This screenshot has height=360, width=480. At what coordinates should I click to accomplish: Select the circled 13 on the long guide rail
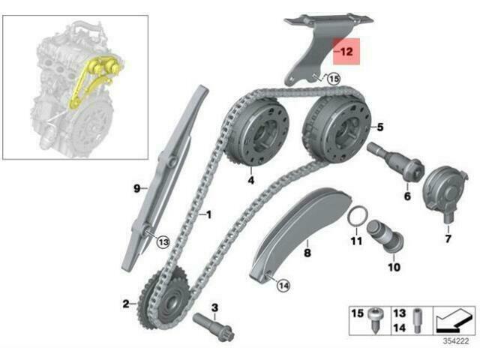click(163, 241)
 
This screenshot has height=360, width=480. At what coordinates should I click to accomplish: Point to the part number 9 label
click(137, 189)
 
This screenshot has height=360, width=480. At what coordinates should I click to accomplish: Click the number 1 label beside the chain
click(208, 215)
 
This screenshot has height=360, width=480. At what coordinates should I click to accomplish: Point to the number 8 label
click(307, 254)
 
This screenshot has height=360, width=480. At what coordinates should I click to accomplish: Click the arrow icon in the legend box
click(454, 319)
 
